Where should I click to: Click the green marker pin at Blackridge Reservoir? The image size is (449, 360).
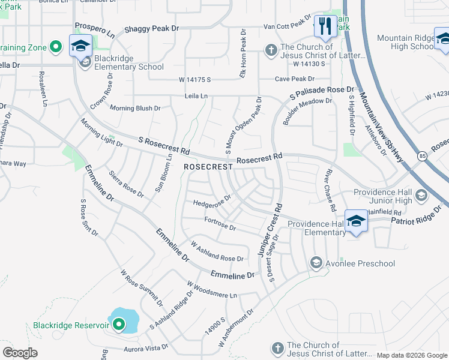click(119, 326)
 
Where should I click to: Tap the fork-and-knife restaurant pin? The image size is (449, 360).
click(325, 26)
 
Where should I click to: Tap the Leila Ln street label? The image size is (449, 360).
click(196, 95)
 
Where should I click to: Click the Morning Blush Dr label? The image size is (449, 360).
click(136, 109)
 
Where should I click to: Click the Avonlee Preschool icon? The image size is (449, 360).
click(316, 263)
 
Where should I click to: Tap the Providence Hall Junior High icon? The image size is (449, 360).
click(421, 195)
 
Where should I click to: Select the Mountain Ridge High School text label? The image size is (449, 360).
click(406, 42)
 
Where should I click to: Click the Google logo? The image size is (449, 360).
click(20, 353)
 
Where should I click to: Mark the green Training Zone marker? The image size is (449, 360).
click(56, 46)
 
